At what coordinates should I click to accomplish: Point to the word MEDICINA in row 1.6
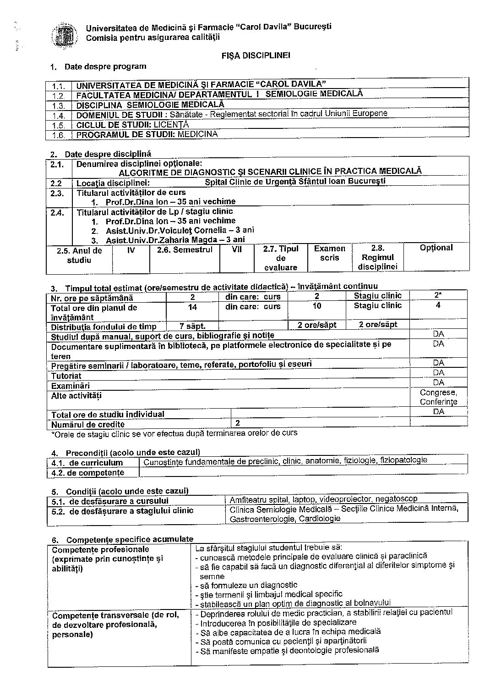[x=198, y=134]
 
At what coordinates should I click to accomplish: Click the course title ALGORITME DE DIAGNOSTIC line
[x=270, y=171]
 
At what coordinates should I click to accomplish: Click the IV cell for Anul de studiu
[x=131, y=250]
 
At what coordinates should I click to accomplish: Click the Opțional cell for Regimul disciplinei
[x=436, y=248]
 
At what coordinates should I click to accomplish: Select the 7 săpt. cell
[x=192, y=326]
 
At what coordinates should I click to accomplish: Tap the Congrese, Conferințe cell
[x=438, y=397]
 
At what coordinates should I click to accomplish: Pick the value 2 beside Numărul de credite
[x=238, y=423]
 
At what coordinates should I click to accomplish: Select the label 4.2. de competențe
[x=87, y=472]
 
